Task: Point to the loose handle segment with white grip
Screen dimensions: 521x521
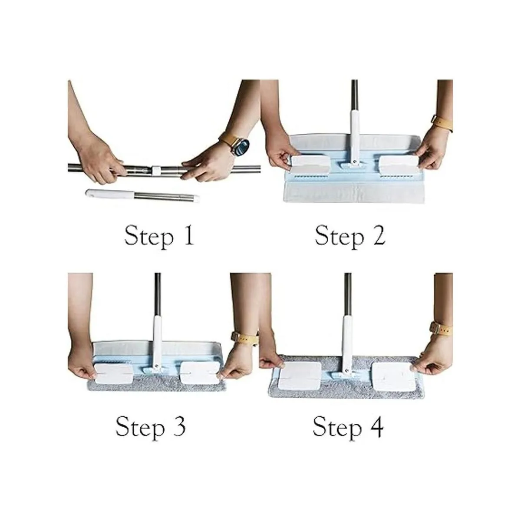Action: [142, 195]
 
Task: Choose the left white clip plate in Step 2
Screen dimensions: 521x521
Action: [311, 165]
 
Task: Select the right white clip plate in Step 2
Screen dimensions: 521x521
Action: [399, 165]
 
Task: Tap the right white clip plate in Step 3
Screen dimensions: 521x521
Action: [200, 373]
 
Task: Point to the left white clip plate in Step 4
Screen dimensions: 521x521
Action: [299, 376]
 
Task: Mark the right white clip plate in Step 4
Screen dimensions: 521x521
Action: [393, 376]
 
